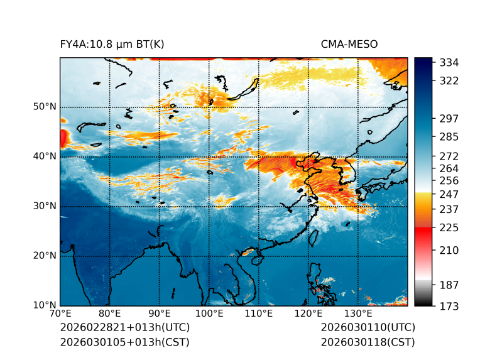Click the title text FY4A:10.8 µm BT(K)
[x=112, y=44]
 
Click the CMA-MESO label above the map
[x=349, y=44]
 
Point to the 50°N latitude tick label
[x=45, y=107]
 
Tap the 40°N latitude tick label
[x=45, y=156]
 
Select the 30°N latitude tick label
[x=45, y=206]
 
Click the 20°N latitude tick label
[x=45, y=256]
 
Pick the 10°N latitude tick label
[x=45, y=305]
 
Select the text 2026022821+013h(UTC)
[x=124, y=328]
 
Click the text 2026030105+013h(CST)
[x=124, y=342]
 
